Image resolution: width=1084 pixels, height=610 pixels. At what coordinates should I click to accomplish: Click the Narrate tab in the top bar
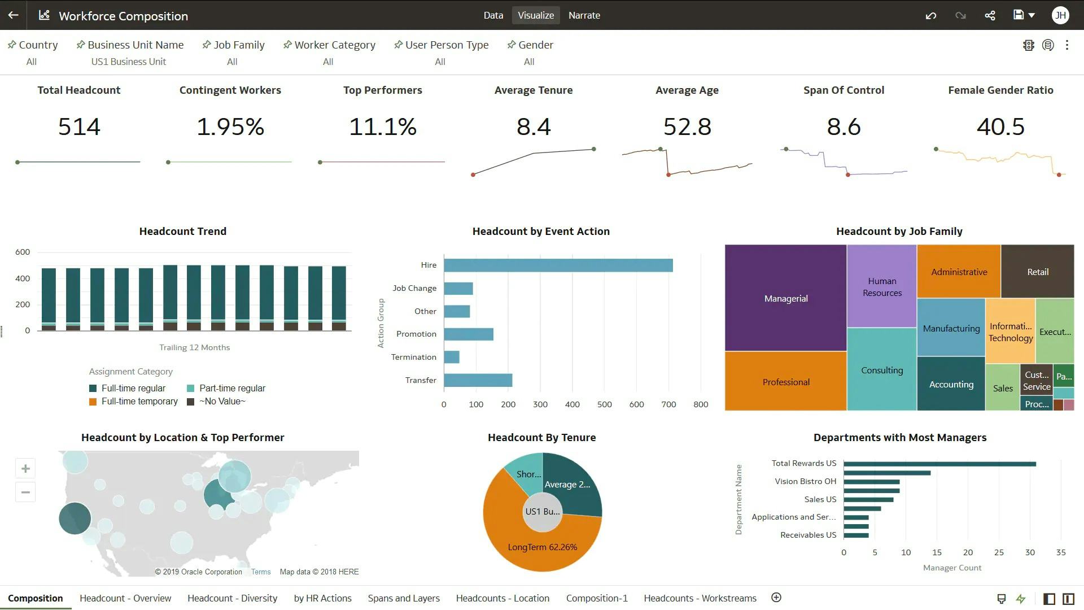pyautogui.click(x=584, y=15)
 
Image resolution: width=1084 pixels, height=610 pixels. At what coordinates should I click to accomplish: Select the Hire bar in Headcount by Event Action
pyautogui.click(x=558, y=265)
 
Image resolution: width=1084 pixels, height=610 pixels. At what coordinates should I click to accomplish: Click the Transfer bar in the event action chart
pyautogui.click(x=478, y=380)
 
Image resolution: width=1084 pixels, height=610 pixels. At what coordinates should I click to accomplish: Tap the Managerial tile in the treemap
pyautogui.click(x=785, y=298)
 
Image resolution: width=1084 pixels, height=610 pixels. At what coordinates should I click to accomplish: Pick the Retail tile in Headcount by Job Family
pyautogui.click(x=1037, y=272)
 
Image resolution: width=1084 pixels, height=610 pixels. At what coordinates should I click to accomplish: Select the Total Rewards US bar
pyautogui.click(x=939, y=464)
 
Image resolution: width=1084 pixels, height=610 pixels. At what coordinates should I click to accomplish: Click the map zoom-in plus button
pyautogui.click(x=25, y=469)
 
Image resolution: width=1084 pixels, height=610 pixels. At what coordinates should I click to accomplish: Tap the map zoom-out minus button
pyautogui.click(x=25, y=493)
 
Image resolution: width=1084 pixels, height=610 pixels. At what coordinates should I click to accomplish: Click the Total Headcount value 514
pyautogui.click(x=79, y=127)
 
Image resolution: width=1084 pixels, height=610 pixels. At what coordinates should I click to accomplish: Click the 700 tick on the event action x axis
pyautogui.click(x=668, y=404)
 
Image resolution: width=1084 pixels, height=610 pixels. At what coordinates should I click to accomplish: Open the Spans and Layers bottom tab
pyautogui.click(x=404, y=598)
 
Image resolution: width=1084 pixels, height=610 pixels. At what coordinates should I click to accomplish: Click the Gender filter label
pyautogui.click(x=535, y=45)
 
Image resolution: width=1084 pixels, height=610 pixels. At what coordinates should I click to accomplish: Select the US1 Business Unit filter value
pyautogui.click(x=129, y=62)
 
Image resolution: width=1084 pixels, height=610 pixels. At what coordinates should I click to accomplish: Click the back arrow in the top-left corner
pyautogui.click(x=13, y=15)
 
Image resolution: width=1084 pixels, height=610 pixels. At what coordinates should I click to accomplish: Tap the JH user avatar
pyautogui.click(x=1060, y=15)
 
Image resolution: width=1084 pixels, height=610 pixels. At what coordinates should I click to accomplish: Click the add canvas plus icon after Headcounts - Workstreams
pyautogui.click(x=776, y=598)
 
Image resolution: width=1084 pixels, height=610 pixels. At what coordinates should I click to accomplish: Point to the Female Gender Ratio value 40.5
pyautogui.click(x=1000, y=127)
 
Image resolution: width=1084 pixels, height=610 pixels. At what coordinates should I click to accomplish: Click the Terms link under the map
pyautogui.click(x=261, y=572)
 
